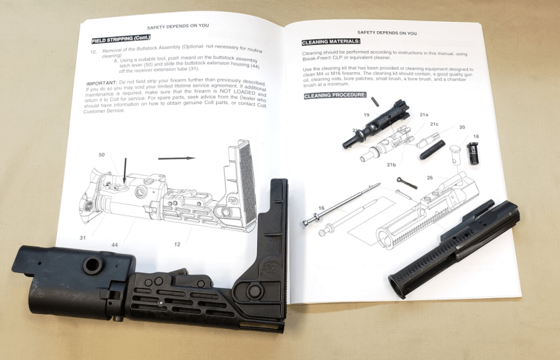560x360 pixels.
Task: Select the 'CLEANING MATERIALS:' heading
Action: pos(331,42)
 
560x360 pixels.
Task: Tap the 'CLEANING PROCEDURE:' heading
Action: pos(335,95)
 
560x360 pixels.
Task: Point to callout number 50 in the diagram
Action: pos(101,154)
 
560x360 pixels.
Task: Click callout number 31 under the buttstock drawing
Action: pos(83,237)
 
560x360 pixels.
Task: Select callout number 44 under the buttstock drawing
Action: pos(115,245)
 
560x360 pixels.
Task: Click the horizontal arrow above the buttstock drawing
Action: pos(177,158)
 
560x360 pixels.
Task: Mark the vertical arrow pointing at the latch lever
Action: pos(125,174)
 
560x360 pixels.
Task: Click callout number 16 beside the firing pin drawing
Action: pos(321,208)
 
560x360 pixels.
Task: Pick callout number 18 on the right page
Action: pos(476,137)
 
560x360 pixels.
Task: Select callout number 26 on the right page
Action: pos(430,177)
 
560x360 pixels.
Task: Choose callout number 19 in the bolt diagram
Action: pos(366,115)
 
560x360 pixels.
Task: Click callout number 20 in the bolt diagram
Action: pos(462,127)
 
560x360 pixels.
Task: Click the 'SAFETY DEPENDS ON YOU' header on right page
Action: pos(387,32)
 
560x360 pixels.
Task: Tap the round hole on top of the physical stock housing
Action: pos(91,263)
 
